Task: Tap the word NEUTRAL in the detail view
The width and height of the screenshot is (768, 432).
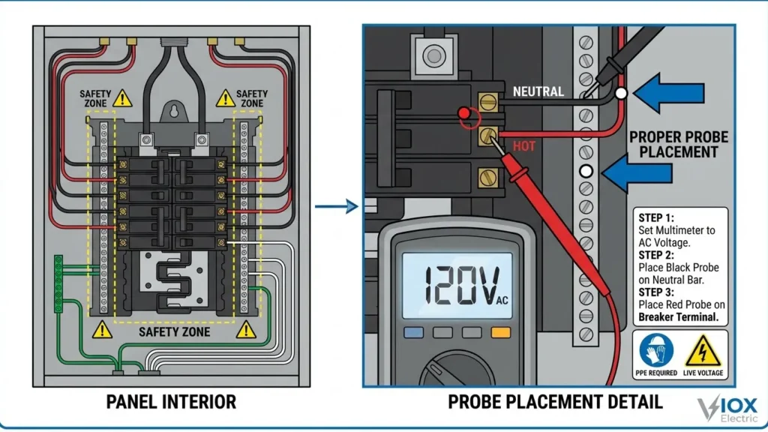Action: [538, 92]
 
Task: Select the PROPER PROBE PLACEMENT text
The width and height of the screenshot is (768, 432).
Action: [673, 145]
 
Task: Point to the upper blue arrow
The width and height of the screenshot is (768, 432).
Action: [670, 93]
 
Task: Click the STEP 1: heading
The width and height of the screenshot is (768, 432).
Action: [658, 217]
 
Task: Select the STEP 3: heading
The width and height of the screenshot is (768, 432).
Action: [658, 292]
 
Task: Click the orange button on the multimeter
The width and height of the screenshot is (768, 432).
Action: [499, 332]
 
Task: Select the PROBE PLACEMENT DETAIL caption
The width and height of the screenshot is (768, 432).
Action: [555, 402]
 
